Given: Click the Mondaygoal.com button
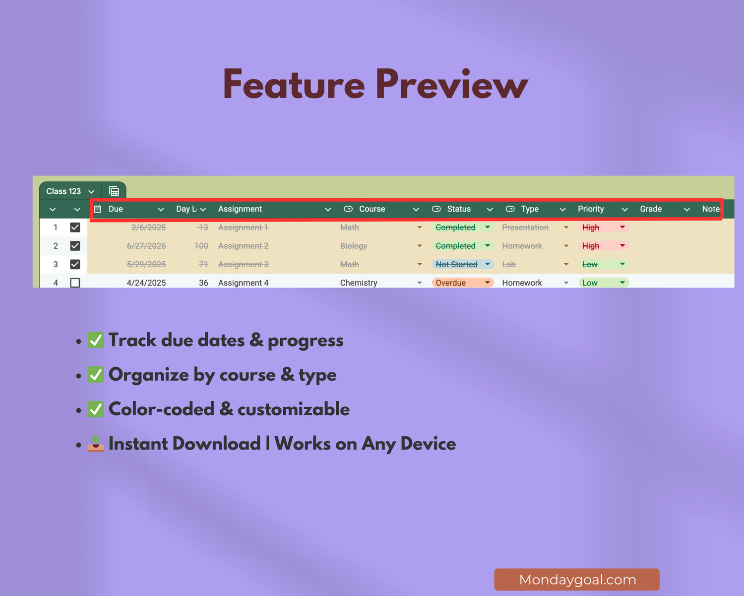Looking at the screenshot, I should (x=577, y=580).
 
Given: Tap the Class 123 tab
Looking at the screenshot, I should (x=63, y=191).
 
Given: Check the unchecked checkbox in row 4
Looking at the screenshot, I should (x=75, y=283).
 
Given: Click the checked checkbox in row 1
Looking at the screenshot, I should (x=75, y=227).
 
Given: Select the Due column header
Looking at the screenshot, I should (x=116, y=209).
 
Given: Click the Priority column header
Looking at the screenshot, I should (x=591, y=209).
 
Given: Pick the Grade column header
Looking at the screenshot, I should (x=651, y=209).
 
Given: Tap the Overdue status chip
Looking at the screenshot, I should (x=451, y=283).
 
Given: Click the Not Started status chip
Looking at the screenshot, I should (x=456, y=264).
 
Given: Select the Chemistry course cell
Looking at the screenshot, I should (x=359, y=283).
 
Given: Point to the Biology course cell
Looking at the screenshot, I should (x=354, y=246).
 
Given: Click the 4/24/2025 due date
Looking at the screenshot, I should (x=146, y=283).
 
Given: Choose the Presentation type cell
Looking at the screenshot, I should (x=525, y=227).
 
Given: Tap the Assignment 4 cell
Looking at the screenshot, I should (x=243, y=283).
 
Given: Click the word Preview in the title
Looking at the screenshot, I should (x=451, y=84).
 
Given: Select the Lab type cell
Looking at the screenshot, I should (x=509, y=264).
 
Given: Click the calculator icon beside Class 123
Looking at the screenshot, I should (x=114, y=191).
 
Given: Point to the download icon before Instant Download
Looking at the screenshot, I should (x=96, y=443).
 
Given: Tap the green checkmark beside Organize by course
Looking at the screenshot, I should (x=96, y=374).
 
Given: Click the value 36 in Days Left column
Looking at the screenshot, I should (x=203, y=283).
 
